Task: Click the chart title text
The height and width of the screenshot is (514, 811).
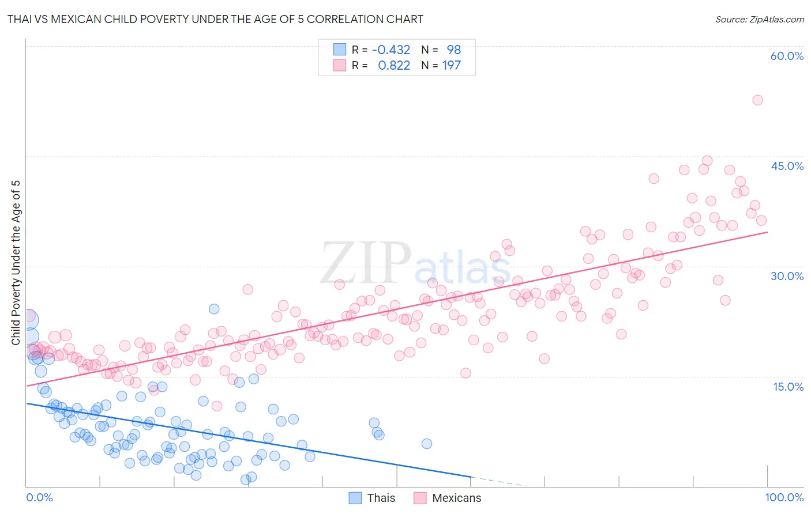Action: [215, 19]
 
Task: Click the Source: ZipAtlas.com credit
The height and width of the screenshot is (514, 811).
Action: [759, 19]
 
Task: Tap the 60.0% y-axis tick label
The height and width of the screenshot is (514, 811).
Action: [787, 56]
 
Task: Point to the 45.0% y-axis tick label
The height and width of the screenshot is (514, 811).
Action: [787, 166]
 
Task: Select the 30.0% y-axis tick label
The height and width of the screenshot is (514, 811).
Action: [787, 276]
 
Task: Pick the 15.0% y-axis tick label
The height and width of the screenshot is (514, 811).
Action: [788, 386]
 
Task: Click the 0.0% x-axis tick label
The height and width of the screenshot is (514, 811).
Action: [39, 497]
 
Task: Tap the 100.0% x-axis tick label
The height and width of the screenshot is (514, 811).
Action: [784, 497]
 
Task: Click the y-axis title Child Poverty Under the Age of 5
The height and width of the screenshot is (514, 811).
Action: [16, 263]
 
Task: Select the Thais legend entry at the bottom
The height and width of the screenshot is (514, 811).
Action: [373, 498]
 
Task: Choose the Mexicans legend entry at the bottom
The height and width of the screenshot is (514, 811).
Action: [448, 498]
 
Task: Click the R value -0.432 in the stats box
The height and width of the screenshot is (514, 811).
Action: [391, 50]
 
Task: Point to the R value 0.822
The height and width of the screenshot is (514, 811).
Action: [394, 65]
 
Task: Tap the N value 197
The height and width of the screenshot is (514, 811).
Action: [452, 65]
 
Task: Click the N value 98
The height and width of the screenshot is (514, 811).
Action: [453, 50]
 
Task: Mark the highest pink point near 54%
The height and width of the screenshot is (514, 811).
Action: [757, 100]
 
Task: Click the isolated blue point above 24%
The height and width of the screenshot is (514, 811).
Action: [214, 309]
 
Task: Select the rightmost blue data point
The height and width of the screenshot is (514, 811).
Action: [427, 444]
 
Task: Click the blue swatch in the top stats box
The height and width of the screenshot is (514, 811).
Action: [340, 50]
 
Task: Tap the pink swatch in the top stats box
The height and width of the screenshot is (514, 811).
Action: [340, 65]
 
